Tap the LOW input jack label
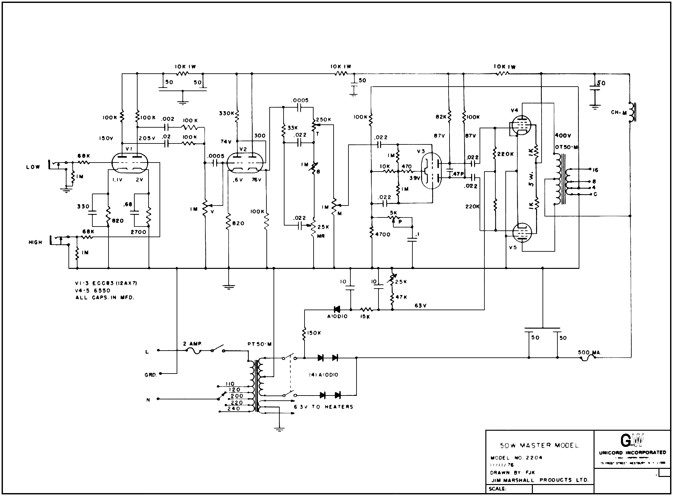[33, 167]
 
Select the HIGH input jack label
[35, 242]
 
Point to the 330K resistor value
[226, 113]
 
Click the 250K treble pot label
[324, 120]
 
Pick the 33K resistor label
[293, 128]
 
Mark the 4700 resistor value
[383, 235]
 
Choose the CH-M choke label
[619, 113]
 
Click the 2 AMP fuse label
[193, 344]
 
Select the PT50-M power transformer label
[259, 344]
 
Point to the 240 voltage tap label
[233, 408]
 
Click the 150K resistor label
[314, 333]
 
